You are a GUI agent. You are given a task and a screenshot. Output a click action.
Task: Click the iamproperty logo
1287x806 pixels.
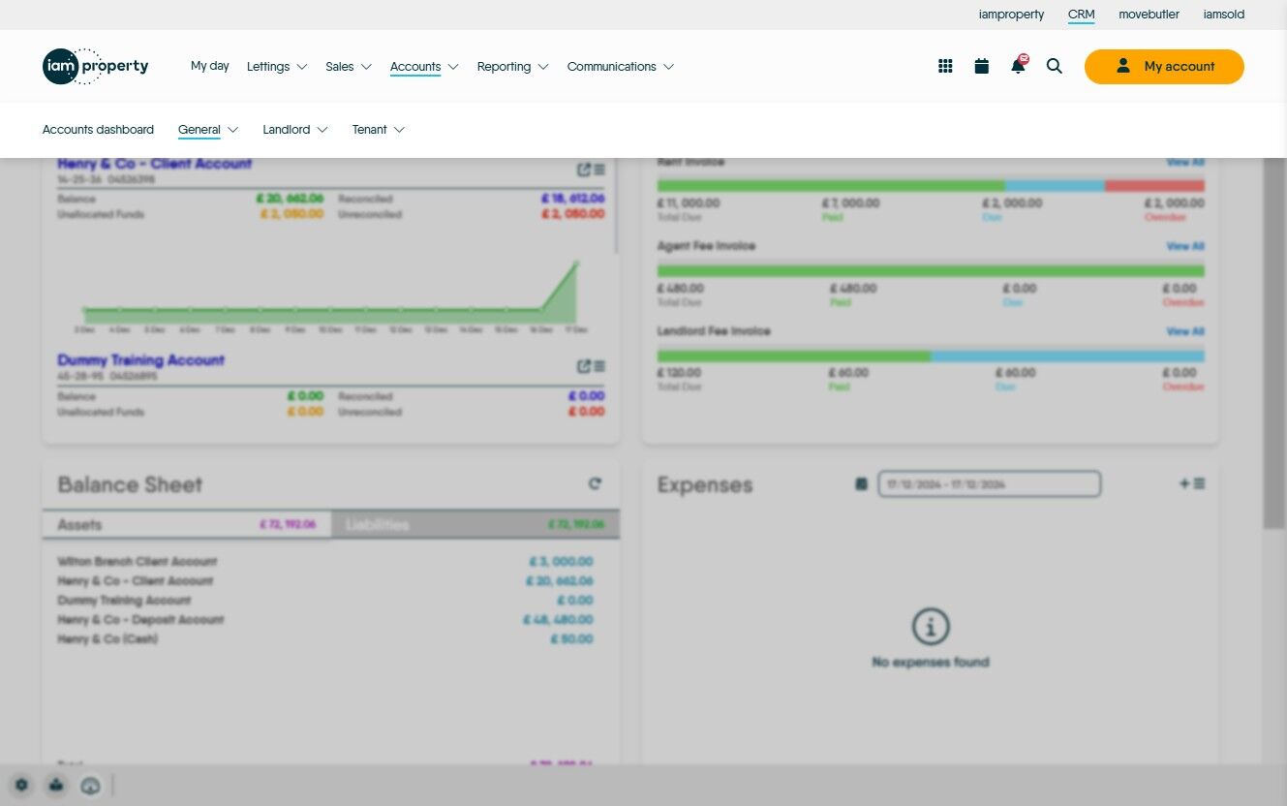click(x=95, y=66)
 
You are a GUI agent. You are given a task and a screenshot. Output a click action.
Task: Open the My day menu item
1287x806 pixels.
click(x=209, y=66)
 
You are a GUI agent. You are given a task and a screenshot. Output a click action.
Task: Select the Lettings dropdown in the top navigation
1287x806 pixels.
click(x=276, y=67)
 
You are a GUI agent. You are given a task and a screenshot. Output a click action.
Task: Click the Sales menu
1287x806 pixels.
click(x=348, y=67)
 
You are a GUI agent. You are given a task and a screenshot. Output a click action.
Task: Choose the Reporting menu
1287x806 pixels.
click(x=512, y=67)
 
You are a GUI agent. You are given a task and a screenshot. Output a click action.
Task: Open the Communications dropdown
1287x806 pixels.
click(x=620, y=67)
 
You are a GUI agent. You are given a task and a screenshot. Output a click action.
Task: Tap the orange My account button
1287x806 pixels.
click(x=1163, y=67)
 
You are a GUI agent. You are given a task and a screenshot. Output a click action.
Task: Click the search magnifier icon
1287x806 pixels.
click(x=1055, y=67)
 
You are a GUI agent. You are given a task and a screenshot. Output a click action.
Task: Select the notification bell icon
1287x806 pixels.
click(x=1018, y=66)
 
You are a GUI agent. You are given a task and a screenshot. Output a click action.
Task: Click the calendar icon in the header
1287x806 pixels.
click(x=982, y=67)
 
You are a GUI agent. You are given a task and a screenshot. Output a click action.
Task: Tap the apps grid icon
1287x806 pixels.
click(x=945, y=67)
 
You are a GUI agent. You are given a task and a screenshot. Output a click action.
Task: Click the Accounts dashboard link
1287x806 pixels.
click(x=98, y=130)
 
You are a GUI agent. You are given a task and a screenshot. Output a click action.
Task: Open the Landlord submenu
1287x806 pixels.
click(x=294, y=130)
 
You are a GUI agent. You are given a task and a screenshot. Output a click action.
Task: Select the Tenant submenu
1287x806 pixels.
click(x=378, y=130)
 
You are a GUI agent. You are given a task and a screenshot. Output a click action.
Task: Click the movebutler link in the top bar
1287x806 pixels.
click(x=1149, y=15)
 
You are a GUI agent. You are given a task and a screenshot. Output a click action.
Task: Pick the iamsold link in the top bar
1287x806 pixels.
click(x=1224, y=15)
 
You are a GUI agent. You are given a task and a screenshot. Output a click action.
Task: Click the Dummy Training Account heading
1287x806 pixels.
click(x=140, y=360)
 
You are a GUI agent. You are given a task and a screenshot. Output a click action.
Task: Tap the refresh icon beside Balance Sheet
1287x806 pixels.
click(x=595, y=483)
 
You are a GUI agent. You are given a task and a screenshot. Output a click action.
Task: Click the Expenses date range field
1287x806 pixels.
click(x=989, y=483)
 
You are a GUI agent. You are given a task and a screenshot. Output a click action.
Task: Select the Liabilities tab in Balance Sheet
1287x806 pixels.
click(x=475, y=525)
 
